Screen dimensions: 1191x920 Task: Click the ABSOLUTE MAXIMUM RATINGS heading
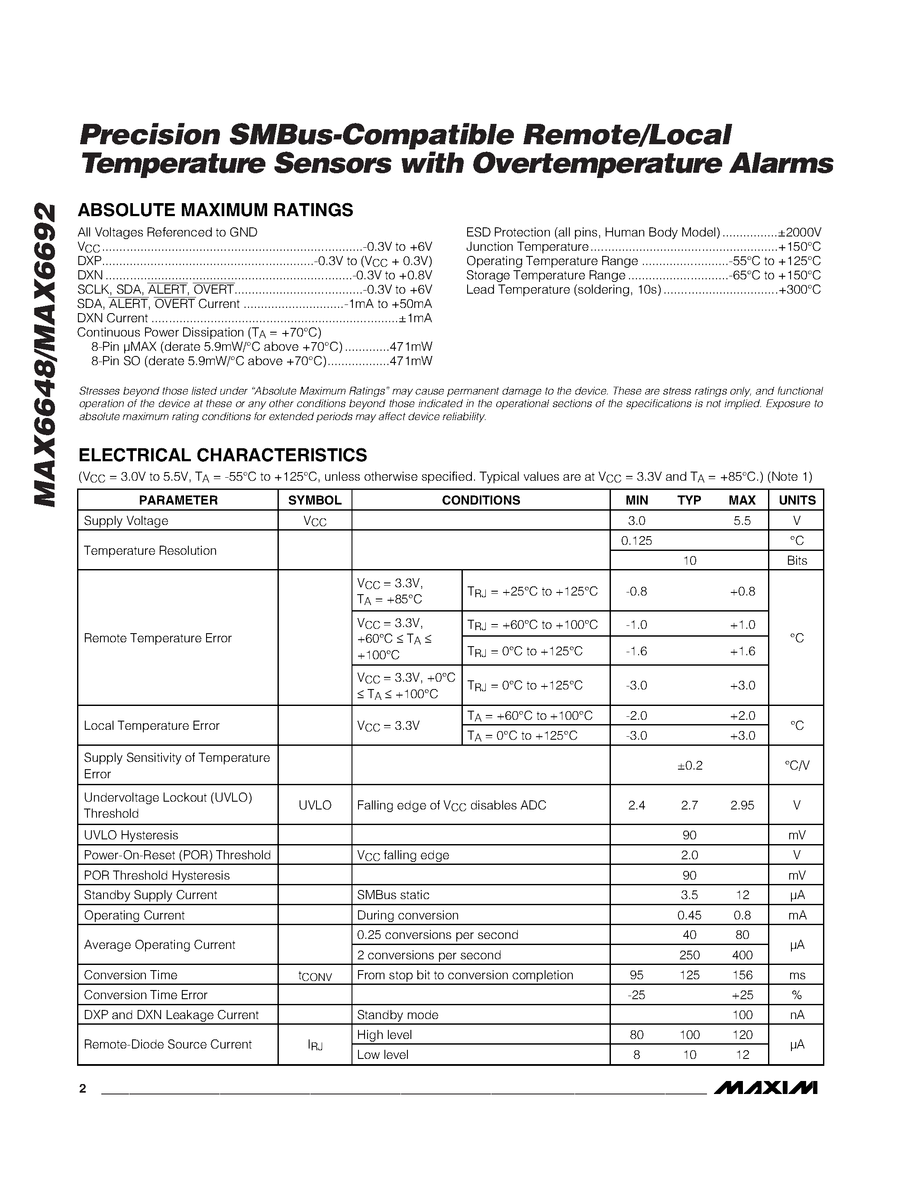215,210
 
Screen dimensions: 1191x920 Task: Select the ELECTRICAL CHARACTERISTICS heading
223,455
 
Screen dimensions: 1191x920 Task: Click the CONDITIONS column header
480,500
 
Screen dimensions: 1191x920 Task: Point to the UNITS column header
796,500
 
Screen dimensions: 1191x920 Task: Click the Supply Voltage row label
126,521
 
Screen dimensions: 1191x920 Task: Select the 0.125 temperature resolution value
636,540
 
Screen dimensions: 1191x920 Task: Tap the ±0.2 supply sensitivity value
689,765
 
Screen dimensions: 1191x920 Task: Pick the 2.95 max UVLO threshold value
742,805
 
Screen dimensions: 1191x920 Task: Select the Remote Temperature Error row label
158,638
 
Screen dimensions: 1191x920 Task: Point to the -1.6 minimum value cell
636,651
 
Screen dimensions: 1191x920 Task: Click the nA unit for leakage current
796,1015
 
